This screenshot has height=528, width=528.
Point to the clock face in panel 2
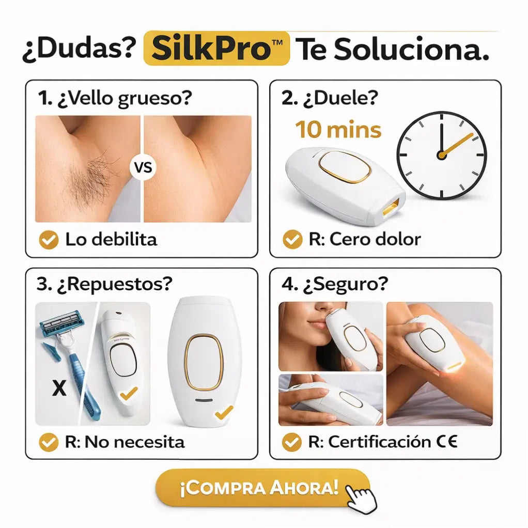(441, 156)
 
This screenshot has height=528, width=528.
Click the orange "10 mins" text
(338, 130)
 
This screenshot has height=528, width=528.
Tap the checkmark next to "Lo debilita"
(49, 240)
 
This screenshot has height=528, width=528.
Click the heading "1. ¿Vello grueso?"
(114, 99)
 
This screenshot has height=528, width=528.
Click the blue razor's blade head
(60, 323)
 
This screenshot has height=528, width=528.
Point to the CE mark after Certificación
(447, 442)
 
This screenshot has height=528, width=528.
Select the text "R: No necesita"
(124, 442)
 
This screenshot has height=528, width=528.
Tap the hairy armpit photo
(87, 169)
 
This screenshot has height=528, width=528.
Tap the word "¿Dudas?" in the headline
(79, 50)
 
